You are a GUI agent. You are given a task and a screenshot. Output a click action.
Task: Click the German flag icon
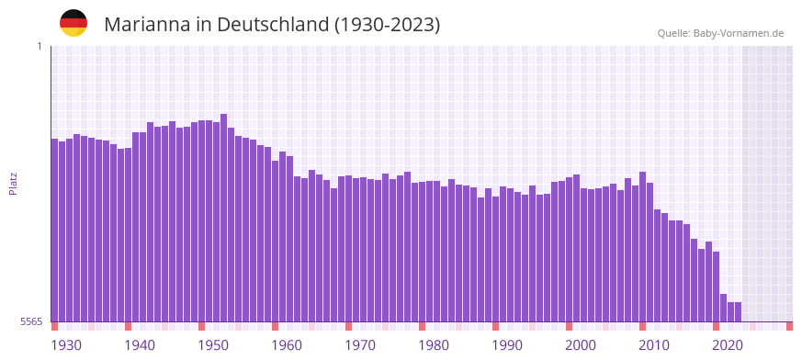pos(73,24)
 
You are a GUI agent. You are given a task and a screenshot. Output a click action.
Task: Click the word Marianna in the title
pos(146,25)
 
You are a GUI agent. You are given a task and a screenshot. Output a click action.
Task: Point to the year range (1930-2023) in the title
pos(387,25)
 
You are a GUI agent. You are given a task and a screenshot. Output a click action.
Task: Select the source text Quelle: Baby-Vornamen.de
pos(720,34)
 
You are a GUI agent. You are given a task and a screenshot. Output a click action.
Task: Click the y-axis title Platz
pos(13,184)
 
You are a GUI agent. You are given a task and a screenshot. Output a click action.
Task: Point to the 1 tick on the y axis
pos(40,46)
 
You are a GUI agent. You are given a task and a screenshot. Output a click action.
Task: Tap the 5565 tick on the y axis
pos(31,321)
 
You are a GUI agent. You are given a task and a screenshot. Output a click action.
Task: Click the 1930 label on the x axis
pos(66,345)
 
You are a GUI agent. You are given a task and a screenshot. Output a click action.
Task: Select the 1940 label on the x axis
pos(140,345)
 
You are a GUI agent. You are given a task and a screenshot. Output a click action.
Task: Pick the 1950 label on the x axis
pos(213,345)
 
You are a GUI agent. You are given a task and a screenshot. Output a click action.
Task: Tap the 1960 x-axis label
pos(287,345)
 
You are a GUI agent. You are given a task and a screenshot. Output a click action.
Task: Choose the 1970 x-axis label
pos(360,345)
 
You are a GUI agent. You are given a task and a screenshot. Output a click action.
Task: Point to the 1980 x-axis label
pos(434,345)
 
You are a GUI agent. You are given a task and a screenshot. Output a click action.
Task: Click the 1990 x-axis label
pos(507,345)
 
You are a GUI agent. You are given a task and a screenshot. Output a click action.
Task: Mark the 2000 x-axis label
pos(581,345)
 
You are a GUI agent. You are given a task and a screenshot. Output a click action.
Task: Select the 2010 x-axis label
pos(654,345)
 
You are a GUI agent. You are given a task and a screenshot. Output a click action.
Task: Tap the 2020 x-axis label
pos(728,345)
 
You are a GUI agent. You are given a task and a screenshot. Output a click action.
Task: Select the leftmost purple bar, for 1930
pos(54,230)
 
